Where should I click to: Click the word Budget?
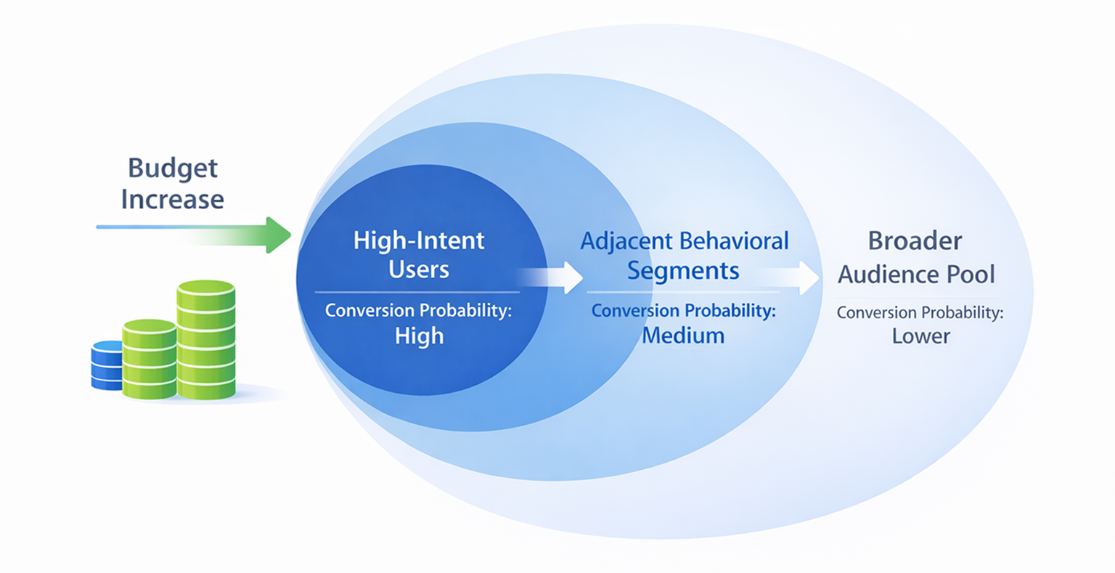click(173, 168)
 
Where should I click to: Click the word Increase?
click(173, 200)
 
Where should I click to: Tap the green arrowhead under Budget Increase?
click(279, 235)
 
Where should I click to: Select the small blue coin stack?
click(107, 365)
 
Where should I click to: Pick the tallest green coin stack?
click(206, 340)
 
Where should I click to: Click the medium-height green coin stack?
click(150, 359)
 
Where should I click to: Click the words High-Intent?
click(419, 240)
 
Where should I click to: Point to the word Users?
click(419, 269)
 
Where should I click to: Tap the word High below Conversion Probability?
click(419, 336)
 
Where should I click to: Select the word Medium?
click(683, 336)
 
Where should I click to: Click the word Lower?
click(920, 336)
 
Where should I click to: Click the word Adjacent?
click(626, 241)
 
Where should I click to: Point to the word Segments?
click(683, 271)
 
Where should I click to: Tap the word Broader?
click(915, 241)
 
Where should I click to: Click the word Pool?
click(971, 275)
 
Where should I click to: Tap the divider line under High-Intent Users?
click(417, 293)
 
